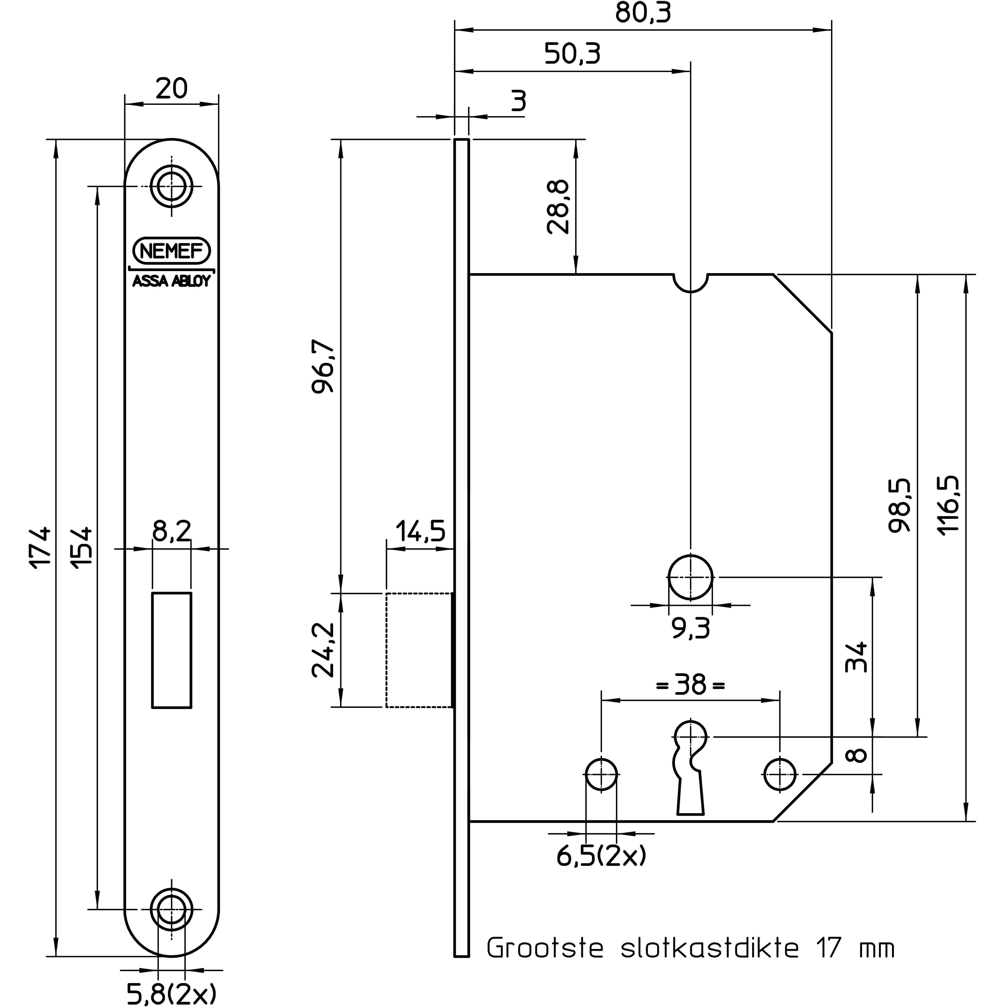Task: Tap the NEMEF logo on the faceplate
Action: pos(172,251)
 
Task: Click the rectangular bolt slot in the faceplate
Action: pos(172,650)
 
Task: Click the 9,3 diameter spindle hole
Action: pos(690,578)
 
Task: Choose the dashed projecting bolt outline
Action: pos(419,650)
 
